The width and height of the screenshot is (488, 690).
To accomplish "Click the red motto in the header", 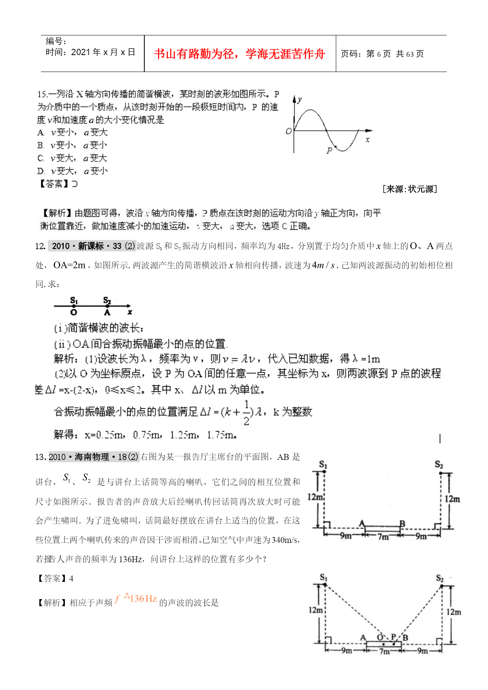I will coord(239,54).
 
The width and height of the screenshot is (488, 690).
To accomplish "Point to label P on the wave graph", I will coord(330,150).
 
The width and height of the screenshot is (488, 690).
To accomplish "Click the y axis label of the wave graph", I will coord(300,100).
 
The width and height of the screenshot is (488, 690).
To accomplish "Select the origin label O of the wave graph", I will coord(289,131).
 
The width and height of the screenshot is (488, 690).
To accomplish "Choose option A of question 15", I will coord(73,133).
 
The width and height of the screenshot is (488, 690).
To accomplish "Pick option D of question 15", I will coord(73,171).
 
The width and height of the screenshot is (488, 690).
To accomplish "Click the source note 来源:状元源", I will coord(409,189).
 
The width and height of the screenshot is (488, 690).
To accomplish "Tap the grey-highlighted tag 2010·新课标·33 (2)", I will coord(92,246).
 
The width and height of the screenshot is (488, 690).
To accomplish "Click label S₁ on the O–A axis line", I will coord(74,300).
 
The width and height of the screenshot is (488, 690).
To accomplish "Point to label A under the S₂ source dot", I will coord(107,313).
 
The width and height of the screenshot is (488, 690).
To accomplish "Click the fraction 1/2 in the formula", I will coord(247,413).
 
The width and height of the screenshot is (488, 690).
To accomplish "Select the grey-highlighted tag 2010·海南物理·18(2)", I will coord(94,457).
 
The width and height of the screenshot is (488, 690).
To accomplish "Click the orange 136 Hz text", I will coord(143,599).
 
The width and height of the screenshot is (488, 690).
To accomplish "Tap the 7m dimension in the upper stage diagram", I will coord(383,537).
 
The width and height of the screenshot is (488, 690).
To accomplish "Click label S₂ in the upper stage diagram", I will coord(439,465).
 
